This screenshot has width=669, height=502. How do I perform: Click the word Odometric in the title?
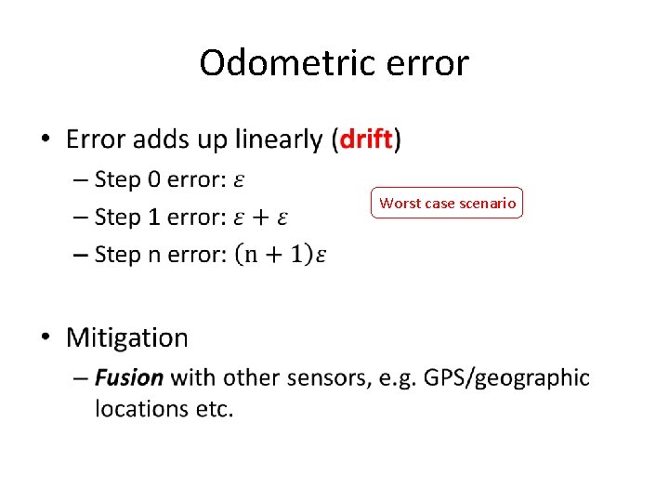270,63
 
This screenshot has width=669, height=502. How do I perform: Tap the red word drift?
366,139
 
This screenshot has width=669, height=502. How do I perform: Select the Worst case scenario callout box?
447,203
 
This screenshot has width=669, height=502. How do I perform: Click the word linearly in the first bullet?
274,140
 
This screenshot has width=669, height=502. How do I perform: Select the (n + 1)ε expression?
281,254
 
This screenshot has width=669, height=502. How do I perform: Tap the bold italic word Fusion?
129,377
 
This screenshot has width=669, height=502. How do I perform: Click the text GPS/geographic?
506,378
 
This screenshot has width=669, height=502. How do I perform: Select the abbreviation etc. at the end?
215,408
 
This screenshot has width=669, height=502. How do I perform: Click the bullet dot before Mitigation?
47,338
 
